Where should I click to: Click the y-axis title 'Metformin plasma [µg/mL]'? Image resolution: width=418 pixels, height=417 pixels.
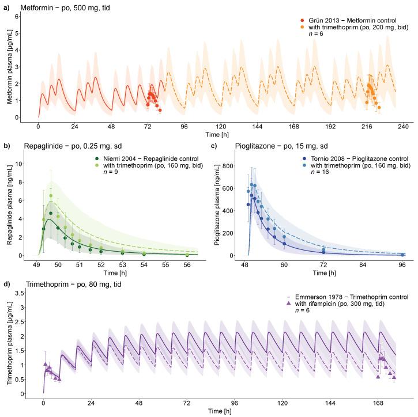(10, 66)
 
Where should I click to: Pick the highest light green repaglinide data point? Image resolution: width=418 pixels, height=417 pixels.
(51, 196)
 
